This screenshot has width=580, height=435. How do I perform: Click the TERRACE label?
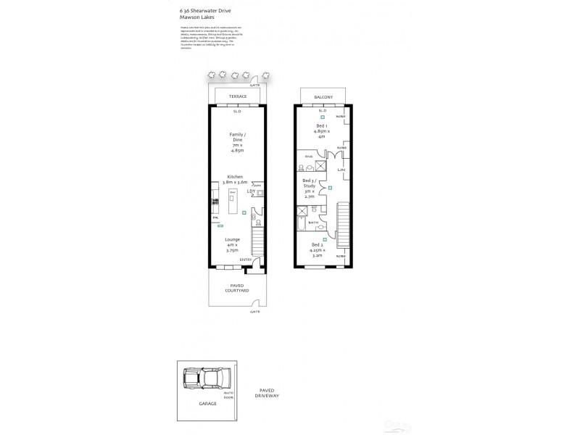(237, 96)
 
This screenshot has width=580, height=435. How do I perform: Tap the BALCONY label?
(323, 96)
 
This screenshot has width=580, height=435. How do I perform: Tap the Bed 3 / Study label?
(310, 186)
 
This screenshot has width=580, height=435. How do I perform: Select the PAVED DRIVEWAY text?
(267, 394)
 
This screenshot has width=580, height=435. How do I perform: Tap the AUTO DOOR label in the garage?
(228, 396)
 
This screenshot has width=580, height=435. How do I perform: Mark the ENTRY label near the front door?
(246, 260)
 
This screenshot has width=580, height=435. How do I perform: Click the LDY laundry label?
(250, 191)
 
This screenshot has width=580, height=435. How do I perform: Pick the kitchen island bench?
(233, 202)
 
